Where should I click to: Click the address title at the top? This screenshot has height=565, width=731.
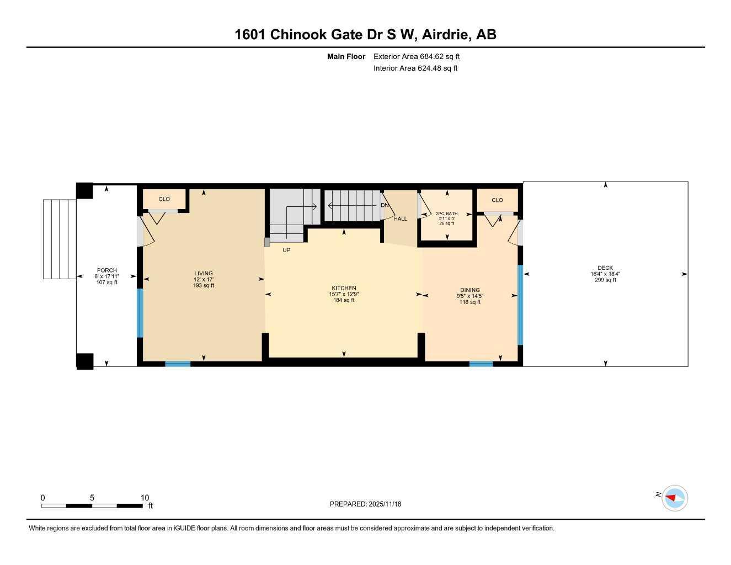[x=365, y=34]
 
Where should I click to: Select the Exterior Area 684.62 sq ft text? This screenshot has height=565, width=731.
[x=417, y=56]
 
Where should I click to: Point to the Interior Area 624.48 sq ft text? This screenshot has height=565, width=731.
[x=415, y=68]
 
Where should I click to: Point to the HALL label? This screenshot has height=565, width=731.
[x=400, y=219]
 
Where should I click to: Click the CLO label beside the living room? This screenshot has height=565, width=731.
[x=164, y=199]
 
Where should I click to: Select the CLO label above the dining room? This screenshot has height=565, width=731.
[x=497, y=200]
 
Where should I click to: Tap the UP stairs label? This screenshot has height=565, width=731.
[x=286, y=250]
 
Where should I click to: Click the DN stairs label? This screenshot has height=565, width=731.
[x=385, y=205]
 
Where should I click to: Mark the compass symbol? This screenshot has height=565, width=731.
[x=674, y=498]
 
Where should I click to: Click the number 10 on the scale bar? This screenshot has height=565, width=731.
[x=145, y=498]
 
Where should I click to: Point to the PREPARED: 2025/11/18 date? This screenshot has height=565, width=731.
[x=365, y=504]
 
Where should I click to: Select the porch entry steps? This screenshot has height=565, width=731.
[x=60, y=239]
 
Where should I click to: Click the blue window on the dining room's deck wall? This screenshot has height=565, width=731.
[x=520, y=305]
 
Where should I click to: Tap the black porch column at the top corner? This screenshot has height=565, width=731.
[x=84, y=190]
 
